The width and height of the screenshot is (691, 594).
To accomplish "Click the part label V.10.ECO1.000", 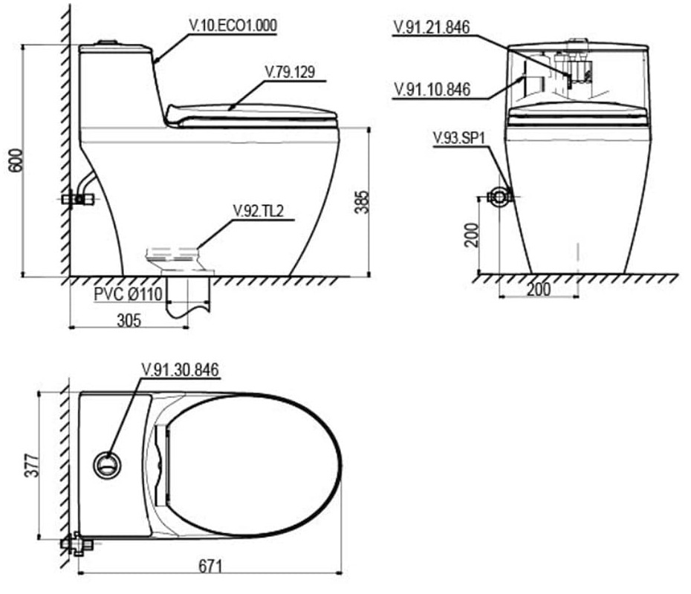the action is (233, 25).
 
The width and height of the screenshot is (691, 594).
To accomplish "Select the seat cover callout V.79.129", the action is (290, 72).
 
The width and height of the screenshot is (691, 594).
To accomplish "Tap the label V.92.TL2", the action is (259, 212).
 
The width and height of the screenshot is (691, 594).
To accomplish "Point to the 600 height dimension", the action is (16, 160).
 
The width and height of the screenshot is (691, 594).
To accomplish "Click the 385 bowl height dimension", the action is (363, 202).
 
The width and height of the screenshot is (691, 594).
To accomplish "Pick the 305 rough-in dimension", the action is (129, 320).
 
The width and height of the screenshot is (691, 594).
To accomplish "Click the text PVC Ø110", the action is (129, 294).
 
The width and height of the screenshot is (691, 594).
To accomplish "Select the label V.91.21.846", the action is (432, 27).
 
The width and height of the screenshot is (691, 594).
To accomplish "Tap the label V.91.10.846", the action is (432, 89).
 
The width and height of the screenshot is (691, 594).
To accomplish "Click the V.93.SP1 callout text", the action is (458, 138).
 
